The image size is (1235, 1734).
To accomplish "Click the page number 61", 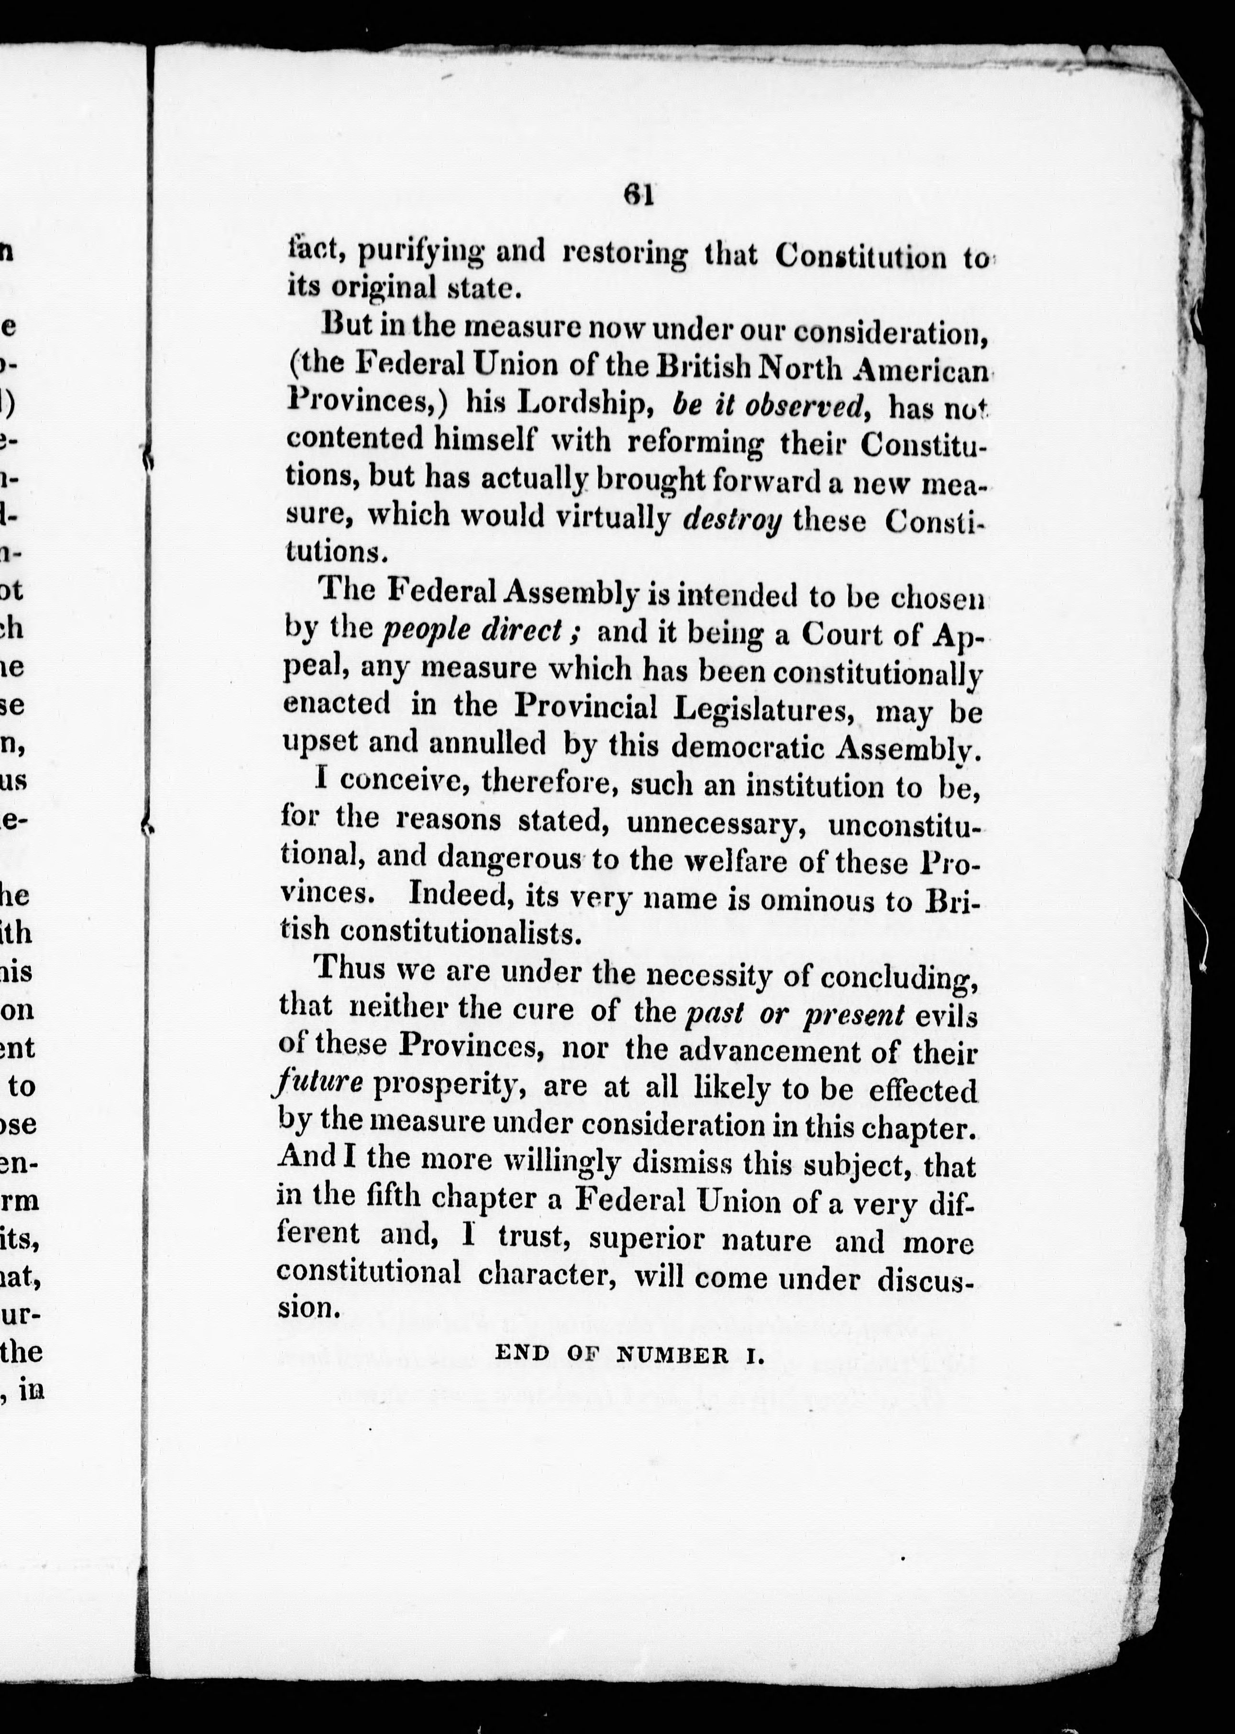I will (639, 195).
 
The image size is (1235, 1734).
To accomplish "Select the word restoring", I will (624, 253).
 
